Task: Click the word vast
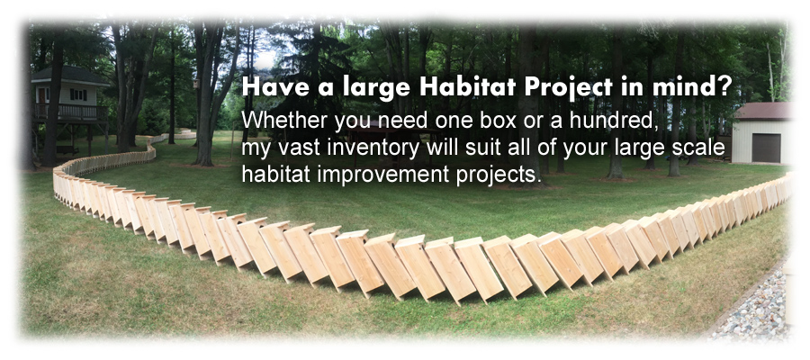308,148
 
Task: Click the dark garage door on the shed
766,148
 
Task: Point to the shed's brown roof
764,111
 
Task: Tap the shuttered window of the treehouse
78,94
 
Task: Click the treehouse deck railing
70,112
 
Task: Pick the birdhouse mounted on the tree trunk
196,85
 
